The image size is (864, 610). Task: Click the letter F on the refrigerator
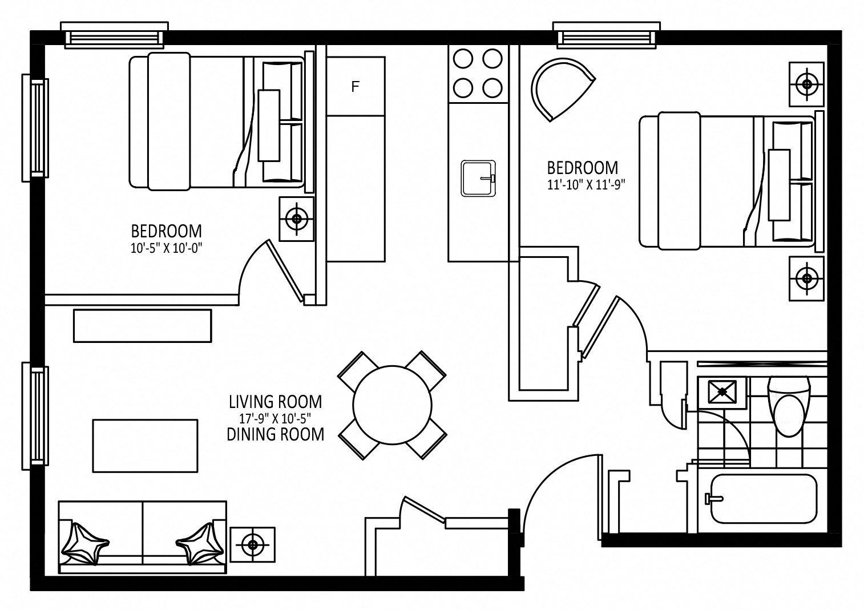coord(355,86)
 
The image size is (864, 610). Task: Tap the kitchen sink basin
coord(478,178)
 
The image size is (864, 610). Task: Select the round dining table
coord(392,405)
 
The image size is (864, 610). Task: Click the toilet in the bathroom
coord(789,406)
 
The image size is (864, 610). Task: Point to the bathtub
coord(764,499)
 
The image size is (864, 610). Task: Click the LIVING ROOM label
coord(276,402)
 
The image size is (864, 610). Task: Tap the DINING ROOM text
coord(276,435)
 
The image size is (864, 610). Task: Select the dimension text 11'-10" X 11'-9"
coord(586,185)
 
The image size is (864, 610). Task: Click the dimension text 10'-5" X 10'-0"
coord(166,248)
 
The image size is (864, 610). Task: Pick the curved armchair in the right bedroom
coord(561,89)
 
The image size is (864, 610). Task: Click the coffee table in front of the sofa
coord(145,446)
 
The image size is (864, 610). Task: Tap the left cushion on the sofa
coord(85,544)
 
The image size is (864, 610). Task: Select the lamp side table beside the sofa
coord(253,544)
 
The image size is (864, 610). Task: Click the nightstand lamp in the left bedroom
coord(296,219)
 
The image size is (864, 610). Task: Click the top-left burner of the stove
coord(463,59)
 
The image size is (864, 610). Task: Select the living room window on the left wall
coord(35,415)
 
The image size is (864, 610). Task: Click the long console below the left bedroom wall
coord(142,325)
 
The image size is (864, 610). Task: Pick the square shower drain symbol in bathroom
coord(722,392)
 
